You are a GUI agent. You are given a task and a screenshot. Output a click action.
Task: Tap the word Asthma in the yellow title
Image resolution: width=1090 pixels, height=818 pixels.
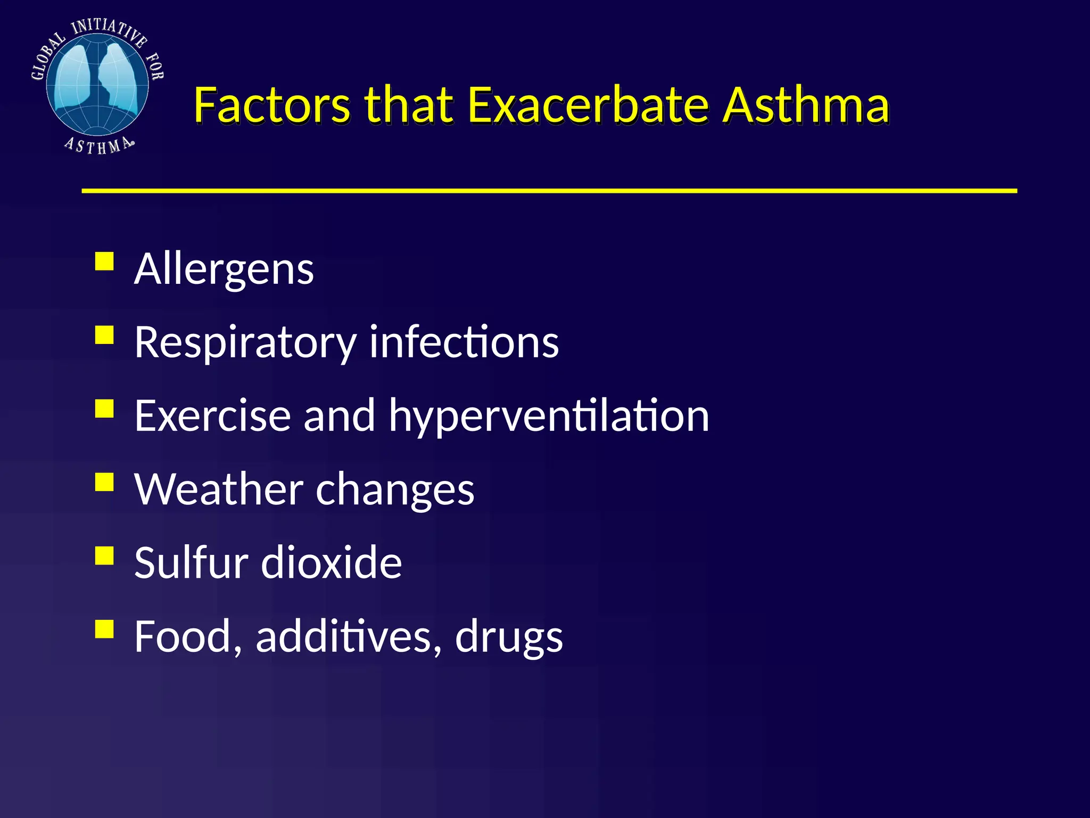click(807, 105)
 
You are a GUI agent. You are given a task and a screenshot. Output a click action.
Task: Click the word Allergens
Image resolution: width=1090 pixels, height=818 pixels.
click(224, 269)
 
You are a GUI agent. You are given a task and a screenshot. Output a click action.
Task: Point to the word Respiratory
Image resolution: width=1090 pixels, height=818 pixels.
click(245, 343)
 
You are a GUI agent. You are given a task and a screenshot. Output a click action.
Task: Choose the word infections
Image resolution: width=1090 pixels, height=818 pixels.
click(464, 342)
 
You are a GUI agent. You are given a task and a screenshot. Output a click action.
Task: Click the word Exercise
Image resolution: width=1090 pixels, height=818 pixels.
click(212, 415)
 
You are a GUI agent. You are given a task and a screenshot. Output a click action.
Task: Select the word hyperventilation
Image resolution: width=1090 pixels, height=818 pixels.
click(549, 416)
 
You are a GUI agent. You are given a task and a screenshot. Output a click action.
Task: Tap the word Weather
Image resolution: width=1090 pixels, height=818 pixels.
click(219, 489)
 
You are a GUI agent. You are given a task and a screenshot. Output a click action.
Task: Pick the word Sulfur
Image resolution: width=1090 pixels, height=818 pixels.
click(191, 562)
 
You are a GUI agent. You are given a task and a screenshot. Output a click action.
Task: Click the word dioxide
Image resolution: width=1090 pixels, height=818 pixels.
click(331, 562)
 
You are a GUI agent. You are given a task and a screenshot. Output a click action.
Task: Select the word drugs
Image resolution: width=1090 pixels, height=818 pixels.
click(509, 637)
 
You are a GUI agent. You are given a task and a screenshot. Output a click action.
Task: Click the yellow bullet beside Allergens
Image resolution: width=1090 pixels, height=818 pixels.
click(105, 261)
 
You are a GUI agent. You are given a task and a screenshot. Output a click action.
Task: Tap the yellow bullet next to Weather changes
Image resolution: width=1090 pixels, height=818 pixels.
click(105, 482)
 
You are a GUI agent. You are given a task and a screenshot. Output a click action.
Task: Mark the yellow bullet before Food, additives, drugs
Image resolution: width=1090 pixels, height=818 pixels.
click(105, 629)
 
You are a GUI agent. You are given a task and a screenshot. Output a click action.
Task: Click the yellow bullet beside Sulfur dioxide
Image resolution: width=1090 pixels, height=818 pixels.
click(105, 555)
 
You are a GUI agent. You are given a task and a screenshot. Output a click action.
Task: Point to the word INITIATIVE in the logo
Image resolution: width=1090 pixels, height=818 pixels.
click(109, 31)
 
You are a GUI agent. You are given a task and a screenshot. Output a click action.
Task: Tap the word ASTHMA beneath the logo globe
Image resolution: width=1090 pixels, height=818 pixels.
click(99, 145)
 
